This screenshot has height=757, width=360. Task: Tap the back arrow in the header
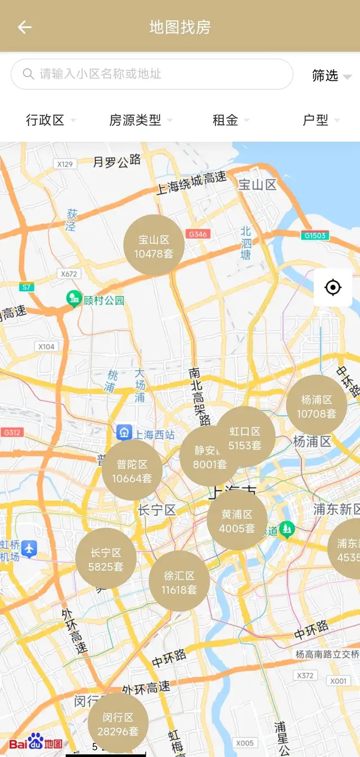24,27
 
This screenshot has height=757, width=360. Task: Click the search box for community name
152,74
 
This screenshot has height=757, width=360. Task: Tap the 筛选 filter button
331,75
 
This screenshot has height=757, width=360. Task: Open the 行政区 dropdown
50,120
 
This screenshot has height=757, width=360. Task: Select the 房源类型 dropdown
140,120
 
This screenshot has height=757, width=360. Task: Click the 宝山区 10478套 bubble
154,246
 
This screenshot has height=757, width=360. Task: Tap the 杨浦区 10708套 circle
316,406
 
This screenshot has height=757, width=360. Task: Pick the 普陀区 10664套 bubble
132,471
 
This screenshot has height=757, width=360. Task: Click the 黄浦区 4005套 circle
237,521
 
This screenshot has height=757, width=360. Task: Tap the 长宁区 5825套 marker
106,559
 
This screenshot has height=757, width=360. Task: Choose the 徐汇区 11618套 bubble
179,582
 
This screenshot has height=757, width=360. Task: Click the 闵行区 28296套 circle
118,724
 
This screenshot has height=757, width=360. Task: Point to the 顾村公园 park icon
74,299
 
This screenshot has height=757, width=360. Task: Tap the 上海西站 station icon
124,433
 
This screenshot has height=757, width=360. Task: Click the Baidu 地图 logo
35,742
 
